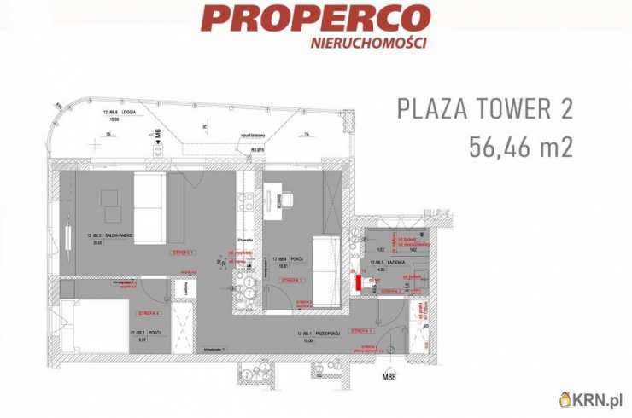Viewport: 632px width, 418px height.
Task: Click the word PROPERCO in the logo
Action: tap(316, 18)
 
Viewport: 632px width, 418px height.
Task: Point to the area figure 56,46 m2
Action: tap(520, 147)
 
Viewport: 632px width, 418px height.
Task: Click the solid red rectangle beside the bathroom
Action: tap(360, 282)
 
